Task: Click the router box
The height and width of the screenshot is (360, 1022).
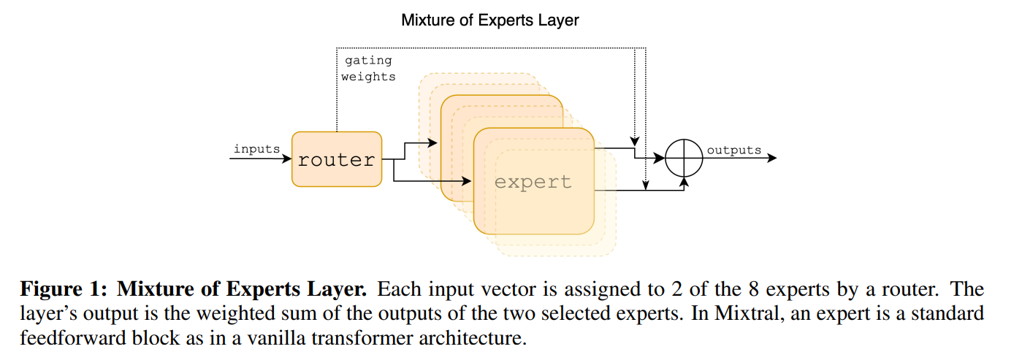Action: (x=336, y=159)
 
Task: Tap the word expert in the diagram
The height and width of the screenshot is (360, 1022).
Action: (x=533, y=181)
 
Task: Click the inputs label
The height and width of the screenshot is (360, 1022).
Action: (x=256, y=149)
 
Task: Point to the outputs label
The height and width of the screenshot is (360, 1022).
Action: (x=733, y=150)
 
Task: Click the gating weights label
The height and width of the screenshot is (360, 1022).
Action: (x=368, y=69)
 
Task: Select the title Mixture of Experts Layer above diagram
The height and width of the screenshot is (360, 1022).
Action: (x=489, y=20)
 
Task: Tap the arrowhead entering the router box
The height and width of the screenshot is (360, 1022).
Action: (x=287, y=158)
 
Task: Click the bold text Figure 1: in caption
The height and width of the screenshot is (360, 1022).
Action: (x=64, y=289)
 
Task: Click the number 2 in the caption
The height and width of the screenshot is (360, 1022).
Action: (x=664, y=289)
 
